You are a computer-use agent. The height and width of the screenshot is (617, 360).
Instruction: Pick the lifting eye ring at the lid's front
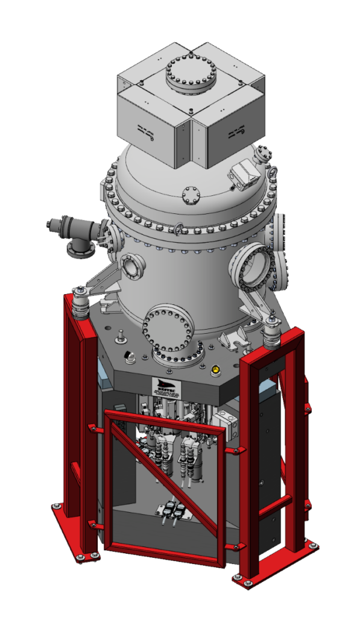click(x=179, y=228)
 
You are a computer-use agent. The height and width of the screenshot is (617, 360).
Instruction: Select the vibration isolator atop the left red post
click(x=81, y=303)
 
